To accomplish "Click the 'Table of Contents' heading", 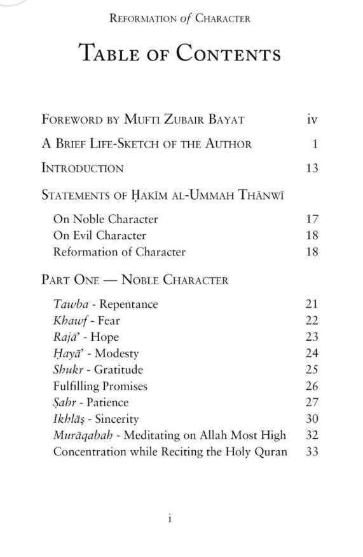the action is pos(180,53).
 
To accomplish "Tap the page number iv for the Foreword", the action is pos(312,119).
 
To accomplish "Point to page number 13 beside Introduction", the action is pos(312,168).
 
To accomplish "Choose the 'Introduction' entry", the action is pos(83,168).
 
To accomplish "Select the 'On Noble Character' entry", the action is pos(106,219).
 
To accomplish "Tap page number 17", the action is pos(312,219).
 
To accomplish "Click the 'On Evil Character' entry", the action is pos(100,236).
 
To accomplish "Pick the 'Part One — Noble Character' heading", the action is pos(135,280).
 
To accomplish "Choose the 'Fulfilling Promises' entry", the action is pos(100,387).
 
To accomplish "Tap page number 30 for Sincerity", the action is pos(312,420).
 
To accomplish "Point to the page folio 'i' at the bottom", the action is pos(170,519).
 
